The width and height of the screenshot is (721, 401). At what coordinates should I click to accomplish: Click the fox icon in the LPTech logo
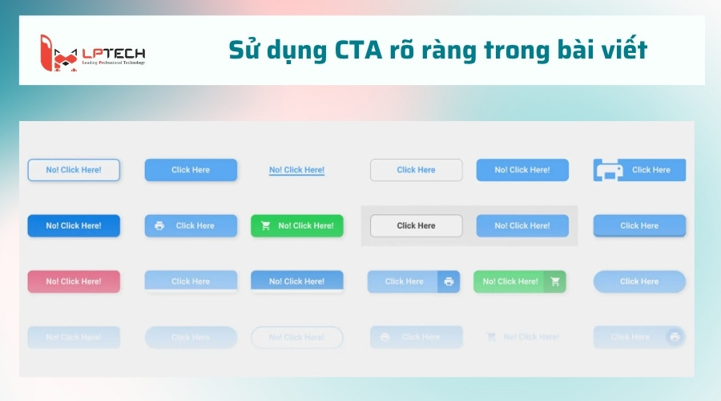click(x=58, y=51)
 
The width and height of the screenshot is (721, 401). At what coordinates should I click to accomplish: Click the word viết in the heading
click(x=622, y=50)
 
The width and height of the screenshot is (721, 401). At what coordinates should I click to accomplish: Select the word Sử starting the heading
click(x=244, y=50)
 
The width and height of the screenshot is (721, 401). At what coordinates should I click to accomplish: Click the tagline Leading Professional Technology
click(x=113, y=63)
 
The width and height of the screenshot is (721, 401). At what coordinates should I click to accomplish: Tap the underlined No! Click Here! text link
click(x=296, y=170)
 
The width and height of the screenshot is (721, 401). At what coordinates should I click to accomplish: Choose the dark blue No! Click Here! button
click(x=74, y=225)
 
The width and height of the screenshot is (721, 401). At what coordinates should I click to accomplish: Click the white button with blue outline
click(x=74, y=170)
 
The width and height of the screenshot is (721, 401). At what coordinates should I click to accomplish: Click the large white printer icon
click(x=609, y=170)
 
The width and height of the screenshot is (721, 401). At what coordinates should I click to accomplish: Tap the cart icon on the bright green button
click(x=266, y=226)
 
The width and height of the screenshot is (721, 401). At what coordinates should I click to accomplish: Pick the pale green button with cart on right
click(x=519, y=282)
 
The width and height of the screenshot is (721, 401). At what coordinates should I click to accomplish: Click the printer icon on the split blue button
click(x=449, y=282)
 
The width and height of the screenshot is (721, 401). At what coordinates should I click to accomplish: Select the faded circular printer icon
click(x=675, y=338)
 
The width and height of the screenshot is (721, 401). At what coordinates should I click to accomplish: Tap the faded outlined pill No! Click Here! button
click(x=296, y=338)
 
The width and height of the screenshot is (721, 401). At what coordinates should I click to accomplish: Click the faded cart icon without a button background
click(x=491, y=338)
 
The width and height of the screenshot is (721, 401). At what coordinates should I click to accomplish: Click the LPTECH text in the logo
click(x=113, y=54)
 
